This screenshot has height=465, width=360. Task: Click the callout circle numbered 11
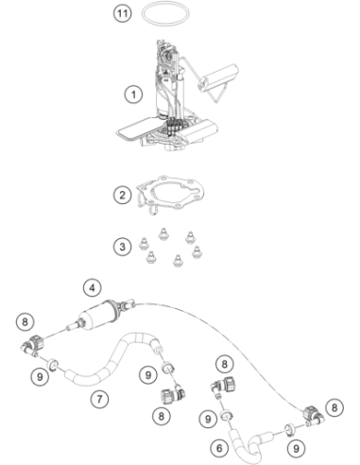(x=122, y=13)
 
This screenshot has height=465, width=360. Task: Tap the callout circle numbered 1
(x=133, y=95)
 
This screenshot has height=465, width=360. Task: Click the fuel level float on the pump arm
(x=217, y=77)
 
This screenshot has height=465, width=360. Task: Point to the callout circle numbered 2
(x=122, y=195)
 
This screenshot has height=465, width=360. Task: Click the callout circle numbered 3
(x=122, y=247)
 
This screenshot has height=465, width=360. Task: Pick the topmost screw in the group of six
(x=163, y=234)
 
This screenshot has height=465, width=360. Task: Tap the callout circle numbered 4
(x=93, y=287)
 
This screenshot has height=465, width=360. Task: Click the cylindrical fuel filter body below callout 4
(x=97, y=314)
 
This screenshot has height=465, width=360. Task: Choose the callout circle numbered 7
(x=99, y=400)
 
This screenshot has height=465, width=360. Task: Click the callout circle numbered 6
(x=219, y=448)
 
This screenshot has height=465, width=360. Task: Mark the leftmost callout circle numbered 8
(x=25, y=321)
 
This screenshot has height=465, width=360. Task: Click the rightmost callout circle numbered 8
(x=334, y=407)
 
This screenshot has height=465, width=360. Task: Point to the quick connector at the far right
(x=313, y=416)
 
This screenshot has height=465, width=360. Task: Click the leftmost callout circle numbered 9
(x=40, y=376)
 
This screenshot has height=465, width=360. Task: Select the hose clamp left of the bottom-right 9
(x=289, y=429)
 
